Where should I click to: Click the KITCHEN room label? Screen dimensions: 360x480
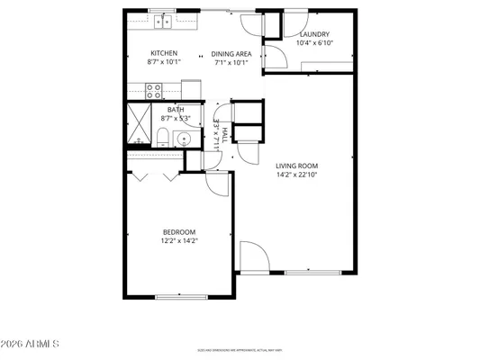[164, 53]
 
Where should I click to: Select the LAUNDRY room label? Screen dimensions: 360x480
[314, 34]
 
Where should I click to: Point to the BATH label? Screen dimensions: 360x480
[176, 110]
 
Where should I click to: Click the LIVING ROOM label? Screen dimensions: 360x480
[296, 166]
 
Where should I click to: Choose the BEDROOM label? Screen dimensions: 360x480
[179, 231]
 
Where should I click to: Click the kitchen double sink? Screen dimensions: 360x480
[163, 21]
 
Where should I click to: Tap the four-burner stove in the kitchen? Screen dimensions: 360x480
[154, 90]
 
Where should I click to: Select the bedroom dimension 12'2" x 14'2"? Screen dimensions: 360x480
[179, 240]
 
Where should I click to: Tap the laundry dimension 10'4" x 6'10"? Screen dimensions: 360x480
[314, 43]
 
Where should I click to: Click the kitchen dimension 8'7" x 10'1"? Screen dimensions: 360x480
[164, 62]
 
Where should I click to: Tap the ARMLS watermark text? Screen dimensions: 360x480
[31, 344]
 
